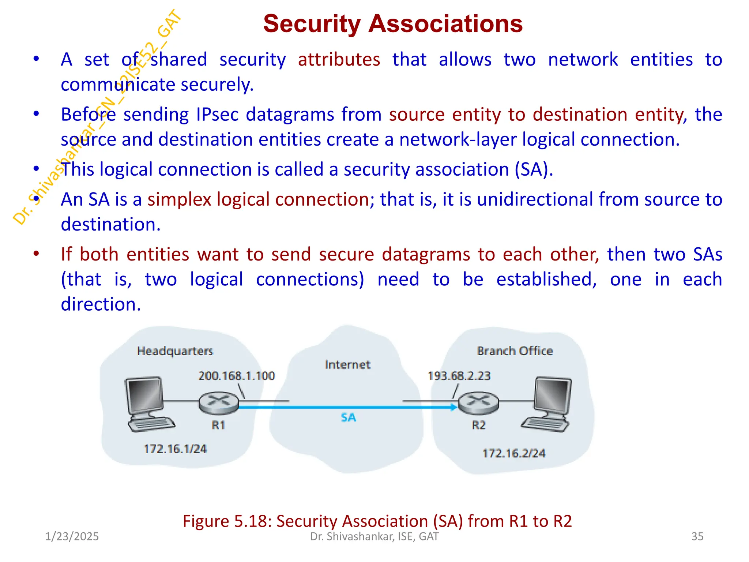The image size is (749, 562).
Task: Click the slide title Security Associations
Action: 393,24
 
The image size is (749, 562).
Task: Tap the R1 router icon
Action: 219,402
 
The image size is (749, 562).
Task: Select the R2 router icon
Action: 478,402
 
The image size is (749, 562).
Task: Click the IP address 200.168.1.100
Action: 236,376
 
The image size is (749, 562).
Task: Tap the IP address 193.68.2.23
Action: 459,376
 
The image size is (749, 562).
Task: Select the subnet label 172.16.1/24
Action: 175,449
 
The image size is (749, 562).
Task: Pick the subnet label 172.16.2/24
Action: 514,454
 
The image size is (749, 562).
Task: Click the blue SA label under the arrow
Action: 348,417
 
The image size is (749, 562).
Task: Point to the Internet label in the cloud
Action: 347,365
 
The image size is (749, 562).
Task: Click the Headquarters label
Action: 175,351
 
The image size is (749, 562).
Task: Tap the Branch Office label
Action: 515,351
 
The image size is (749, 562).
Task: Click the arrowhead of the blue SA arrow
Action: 454,407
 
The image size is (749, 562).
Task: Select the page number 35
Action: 697,536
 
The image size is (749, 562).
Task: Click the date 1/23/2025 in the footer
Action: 72,536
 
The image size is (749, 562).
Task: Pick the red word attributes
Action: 339,60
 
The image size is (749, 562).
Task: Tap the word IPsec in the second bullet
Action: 217,115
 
